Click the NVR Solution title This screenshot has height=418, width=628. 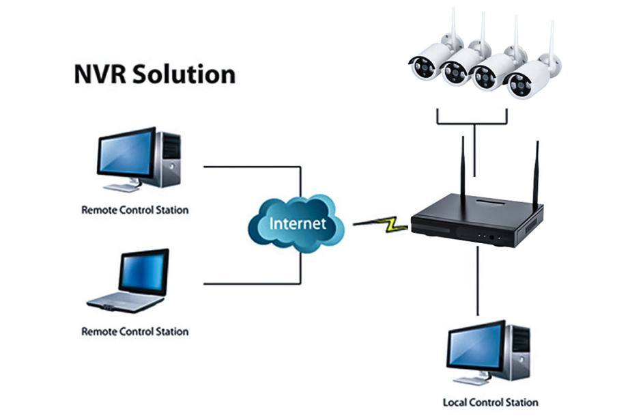pyautogui.click(x=154, y=74)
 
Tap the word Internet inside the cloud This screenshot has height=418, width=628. pyautogui.click(x=298, y=223)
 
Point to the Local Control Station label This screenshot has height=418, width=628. pyautogui.click(x=490, y=402)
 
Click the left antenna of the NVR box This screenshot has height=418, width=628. pyautogui.click(x=463, y=171)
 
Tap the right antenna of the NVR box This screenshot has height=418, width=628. pyautogui.click(x=536, y=174)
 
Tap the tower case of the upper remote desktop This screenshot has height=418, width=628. pyautogui.click(x=169, y=158)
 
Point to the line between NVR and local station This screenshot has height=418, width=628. pyautogui.click(x=478, y=280)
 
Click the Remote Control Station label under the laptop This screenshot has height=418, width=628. pyautogui.click(x=134, y=332)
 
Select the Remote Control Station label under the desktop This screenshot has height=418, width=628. pyautogui.click(x=134, y=210)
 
